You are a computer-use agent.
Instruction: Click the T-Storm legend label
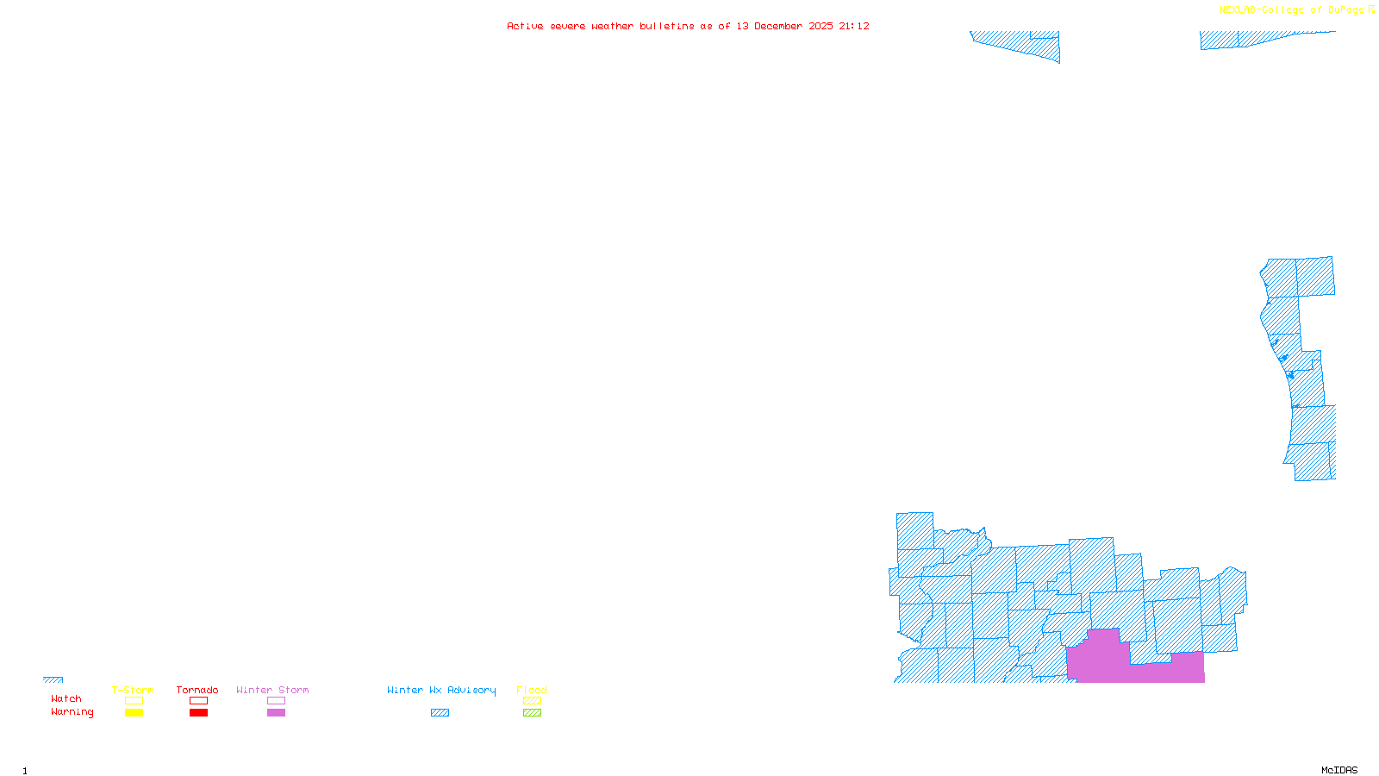[x=133, y=690]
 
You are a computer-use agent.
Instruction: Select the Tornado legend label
[x=197, y=690]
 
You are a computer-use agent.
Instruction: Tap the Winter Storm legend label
[x=272, y=690]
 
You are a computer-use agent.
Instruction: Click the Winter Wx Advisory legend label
[x=441, y=690]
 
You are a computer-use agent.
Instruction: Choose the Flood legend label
[x=532, y=690]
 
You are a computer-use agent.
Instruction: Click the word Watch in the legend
[x=66, y=699]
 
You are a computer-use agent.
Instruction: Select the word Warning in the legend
[x=72, y=712]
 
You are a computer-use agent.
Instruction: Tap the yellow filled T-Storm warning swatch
[x=134, y=713]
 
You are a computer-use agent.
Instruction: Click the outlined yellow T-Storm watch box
[x=134, y=701]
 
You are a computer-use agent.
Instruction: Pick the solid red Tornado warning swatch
[x=198, y=713]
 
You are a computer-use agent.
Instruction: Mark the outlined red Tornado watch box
[x=198, y=701]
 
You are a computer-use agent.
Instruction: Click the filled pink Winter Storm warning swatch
[x=276, y=713]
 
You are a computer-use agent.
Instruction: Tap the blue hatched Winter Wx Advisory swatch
[x=440, y=713]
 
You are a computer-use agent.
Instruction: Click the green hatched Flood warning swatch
[x=532, y=713]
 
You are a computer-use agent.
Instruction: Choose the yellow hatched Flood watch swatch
[x=532, y=701]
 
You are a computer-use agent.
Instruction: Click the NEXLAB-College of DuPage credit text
[x=1292, y=10]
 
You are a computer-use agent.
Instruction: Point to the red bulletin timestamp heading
[x=688, y=27]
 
